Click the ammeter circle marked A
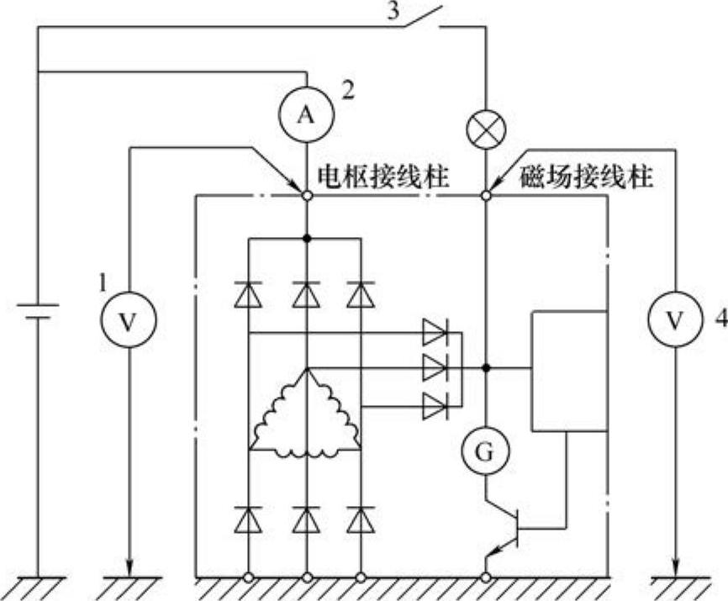coord(306,116)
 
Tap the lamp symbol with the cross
coord(486,129)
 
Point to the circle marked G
coord(486,453)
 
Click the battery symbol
coord(38,312)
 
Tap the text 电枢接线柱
coord(382,177)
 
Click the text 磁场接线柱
coord(587,177)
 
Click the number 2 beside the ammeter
coord(348,88)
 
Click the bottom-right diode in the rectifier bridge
coord(361,522)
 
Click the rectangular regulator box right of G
coord(567,371)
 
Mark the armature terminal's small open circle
coord(306,196)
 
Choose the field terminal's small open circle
coord(486,196)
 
